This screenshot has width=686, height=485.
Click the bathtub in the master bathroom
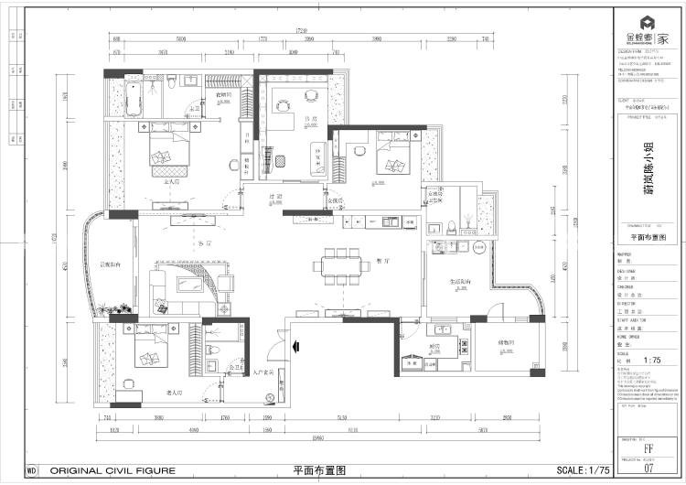132,100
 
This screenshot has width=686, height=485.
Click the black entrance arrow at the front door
295,347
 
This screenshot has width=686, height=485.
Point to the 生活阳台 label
459,282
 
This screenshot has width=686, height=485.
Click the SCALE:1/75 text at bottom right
583,470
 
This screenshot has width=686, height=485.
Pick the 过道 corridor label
273,197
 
